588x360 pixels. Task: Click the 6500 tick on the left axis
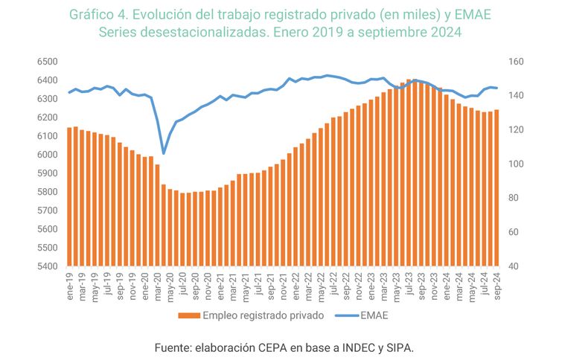[46, 62]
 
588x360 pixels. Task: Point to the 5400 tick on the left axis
[46, 266]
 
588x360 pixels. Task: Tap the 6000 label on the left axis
[46, 155]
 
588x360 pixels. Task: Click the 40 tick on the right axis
[515, 266]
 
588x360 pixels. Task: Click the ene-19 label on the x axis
[70, 283]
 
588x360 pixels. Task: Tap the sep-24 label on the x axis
[496, 283]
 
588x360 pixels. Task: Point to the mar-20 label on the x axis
[158, 283]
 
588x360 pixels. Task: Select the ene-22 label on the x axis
[295, 283]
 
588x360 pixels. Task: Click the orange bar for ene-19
[69, 197]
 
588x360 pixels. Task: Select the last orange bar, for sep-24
[496, 187]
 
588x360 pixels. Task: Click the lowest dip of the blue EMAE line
[164, 153]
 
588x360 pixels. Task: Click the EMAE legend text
[374, 315]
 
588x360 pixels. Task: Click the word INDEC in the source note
[356, 347]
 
